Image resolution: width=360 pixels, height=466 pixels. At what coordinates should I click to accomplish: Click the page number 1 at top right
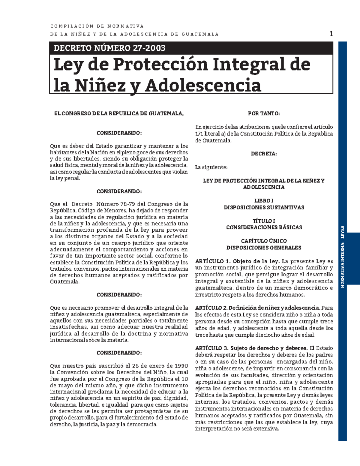click(x=331, y=34)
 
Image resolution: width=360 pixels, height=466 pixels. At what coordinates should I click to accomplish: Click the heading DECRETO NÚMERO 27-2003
click(x=109, y=48)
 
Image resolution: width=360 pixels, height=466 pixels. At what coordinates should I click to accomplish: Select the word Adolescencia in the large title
click(x=203, y=86)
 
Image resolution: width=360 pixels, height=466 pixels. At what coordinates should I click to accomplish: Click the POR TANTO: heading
click(x=264, y=113)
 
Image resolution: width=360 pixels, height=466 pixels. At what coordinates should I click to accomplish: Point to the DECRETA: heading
click(x=264, y=154)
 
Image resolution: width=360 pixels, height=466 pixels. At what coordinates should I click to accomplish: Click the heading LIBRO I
click(x=264, y=200)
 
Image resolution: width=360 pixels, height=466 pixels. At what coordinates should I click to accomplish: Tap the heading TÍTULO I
click(x=264, y=221)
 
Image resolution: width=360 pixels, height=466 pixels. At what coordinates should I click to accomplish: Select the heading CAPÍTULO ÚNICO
click(x=264, y=241)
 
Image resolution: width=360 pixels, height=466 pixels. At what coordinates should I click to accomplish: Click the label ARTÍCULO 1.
click(x=212, y=261)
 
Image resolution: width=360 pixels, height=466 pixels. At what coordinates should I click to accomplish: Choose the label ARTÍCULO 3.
click(x=211, y=348)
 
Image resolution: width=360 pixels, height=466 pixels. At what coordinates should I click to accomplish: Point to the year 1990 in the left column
click(x=181, y=366)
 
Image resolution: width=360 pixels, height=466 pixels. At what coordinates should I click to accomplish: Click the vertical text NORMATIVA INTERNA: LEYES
click(x=342, y=257)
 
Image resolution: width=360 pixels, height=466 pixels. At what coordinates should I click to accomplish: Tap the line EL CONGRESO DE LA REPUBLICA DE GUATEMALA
click(x=118, y=113)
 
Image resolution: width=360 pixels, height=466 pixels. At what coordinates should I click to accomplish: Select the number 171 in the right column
click(x=199, y=134)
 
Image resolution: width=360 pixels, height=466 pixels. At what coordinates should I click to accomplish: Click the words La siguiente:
click(x=211, y=167)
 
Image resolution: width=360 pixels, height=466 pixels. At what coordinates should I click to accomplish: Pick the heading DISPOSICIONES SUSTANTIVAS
click(x=264, y=207)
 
